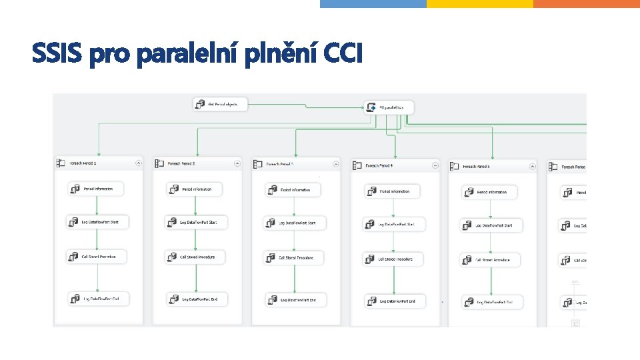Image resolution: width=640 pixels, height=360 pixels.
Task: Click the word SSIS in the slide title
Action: (57, 53)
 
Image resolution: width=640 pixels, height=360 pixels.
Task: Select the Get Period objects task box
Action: (220, 104)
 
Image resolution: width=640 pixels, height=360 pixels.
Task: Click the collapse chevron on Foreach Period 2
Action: (237, 163)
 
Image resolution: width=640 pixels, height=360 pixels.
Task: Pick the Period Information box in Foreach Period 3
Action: (293, 190)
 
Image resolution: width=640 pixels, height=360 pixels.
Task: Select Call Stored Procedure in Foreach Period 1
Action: (97, 257)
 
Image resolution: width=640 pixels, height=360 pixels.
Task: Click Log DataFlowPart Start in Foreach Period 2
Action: (195, 222)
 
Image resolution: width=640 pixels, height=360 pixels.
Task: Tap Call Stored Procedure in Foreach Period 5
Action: (490, 260)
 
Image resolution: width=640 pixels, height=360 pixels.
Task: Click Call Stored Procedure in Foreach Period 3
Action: (293, 258)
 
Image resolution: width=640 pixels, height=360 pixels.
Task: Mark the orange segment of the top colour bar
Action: (587, 3)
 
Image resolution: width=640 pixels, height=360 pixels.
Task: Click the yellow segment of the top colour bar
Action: (480, 3)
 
